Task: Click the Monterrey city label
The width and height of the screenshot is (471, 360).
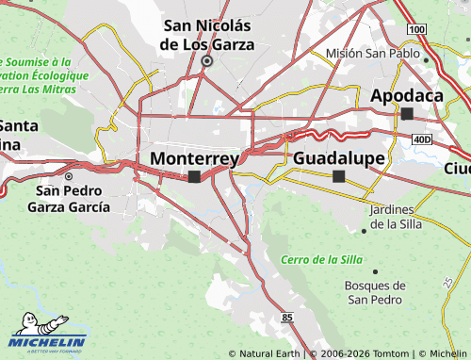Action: pyautogui.click(x=194, y=158)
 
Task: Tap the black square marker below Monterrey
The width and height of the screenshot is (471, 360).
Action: pyautogui.click(x=194, y=176)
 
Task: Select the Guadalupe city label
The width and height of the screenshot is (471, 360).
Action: pyautogui.click(x=339, y=158)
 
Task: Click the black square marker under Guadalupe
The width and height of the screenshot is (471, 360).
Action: pyautogui.click(x=339, y=176)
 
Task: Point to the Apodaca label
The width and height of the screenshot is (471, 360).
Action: pyautogui.click(x=407, y=96)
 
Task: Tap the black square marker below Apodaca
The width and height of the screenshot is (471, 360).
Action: pyautogui.click(x=408, y=114)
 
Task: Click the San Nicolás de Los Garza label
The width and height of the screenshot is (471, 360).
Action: pyautogui.click(x=206, y=34)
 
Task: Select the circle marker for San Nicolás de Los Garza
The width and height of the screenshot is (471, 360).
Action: pyautogui.click(x=206, y=61)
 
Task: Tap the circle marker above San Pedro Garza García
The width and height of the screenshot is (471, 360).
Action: pyautogui.click(x=68, y=175)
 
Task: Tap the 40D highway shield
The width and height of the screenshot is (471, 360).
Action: pyautogui.click(x=420, y=139)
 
